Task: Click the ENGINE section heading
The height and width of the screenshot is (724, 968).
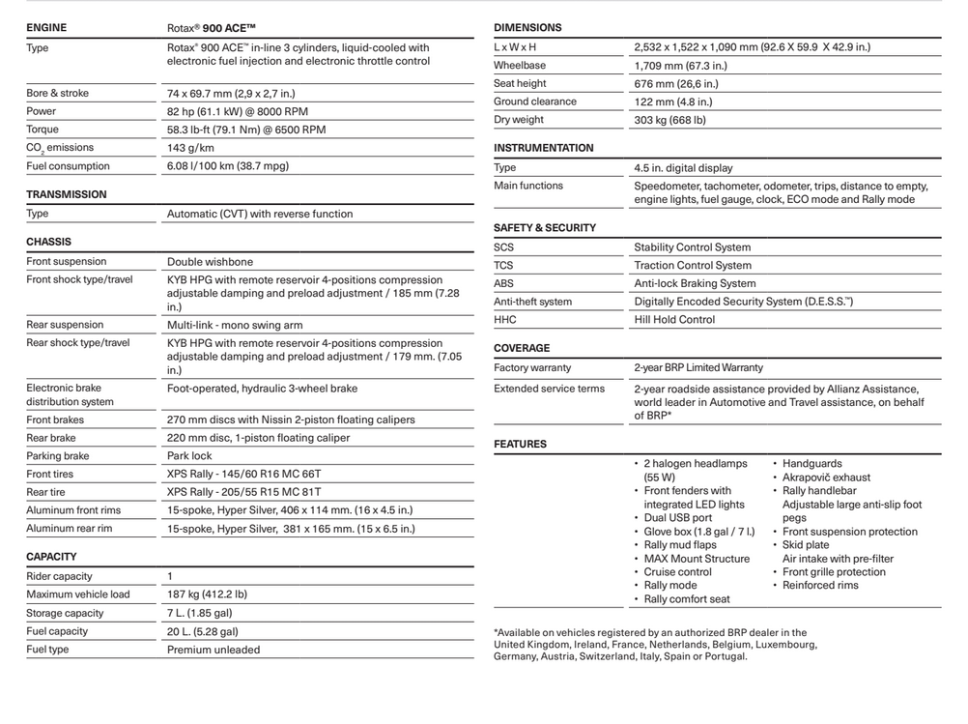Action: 46,28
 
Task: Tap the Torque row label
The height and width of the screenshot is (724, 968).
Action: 43,130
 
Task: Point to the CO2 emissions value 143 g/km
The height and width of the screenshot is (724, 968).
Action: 190,148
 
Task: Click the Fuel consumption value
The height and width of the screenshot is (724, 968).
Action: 227,166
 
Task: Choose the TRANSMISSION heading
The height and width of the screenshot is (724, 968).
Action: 67,194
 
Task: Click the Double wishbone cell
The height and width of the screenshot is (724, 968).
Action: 210,262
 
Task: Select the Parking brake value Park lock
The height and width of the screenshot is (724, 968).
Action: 189,456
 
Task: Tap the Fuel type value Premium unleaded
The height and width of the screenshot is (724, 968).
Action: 213,650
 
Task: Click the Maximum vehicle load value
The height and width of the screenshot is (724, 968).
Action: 207,594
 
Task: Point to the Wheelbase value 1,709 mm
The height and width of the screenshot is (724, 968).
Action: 680,66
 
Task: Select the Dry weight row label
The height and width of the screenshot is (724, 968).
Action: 519,120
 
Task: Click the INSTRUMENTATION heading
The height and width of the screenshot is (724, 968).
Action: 544,148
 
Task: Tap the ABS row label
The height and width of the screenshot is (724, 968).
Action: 503,283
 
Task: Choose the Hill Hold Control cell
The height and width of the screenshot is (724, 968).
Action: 674,320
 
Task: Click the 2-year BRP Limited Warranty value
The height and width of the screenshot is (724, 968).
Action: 698,367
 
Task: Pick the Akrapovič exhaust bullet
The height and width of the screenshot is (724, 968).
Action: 826,478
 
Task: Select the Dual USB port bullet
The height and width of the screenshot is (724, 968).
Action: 677,518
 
